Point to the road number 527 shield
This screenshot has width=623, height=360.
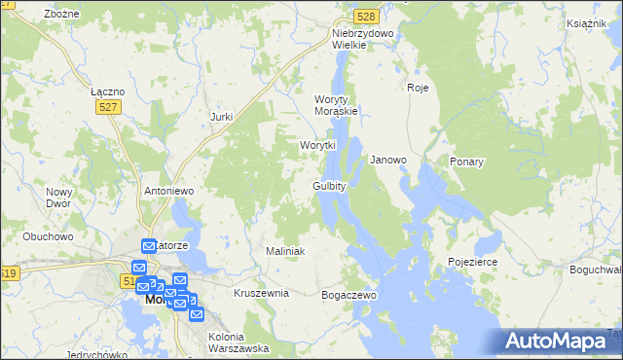(x=108, y=108)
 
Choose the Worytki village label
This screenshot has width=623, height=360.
(x=317, y=145)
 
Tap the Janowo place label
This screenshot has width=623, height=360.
(x=388, y=160)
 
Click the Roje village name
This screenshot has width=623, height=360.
(x=418, y=88)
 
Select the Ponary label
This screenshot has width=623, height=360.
(x=467, y=162)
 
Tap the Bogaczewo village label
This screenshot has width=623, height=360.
(x=348, y=294)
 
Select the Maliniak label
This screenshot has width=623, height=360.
(x=285, y=251)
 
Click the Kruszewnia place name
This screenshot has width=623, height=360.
(x=261, y=293)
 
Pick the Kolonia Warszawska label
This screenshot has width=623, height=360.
(x=238, y=342)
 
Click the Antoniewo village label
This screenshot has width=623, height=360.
(x=170, y=191)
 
